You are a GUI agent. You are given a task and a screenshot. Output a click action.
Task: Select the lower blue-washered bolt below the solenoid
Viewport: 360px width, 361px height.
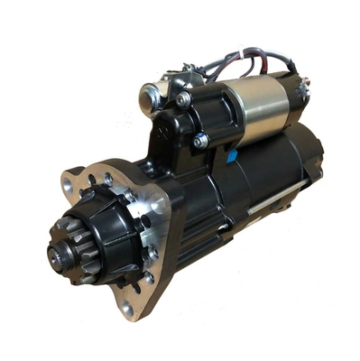pyautogui.click(x=200, y=141)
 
